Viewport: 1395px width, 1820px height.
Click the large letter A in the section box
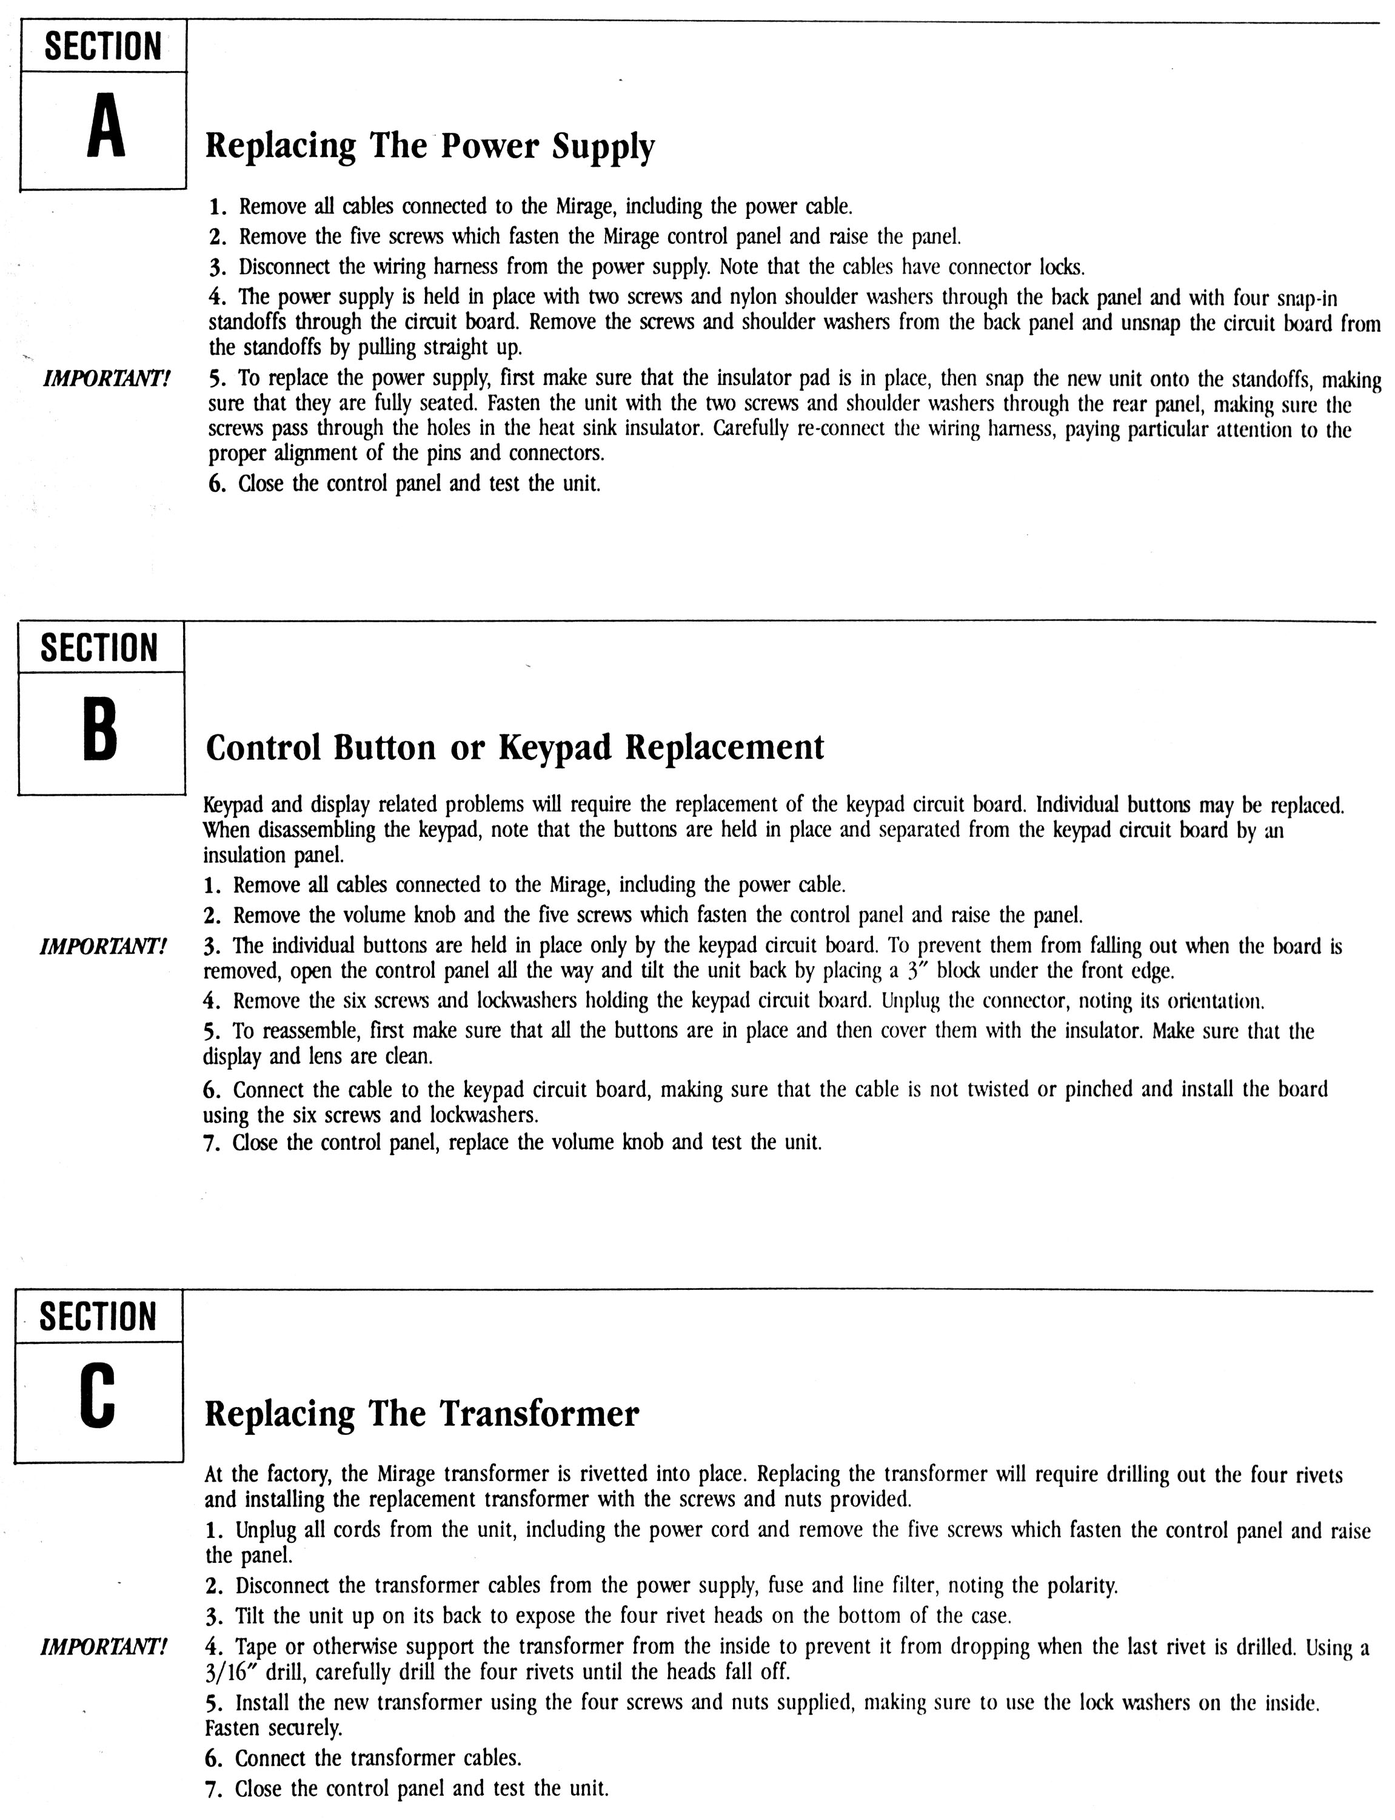pyautogui.click(x=105, y=130)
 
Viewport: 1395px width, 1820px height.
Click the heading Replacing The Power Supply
pyautogui.click(x=429, y=147)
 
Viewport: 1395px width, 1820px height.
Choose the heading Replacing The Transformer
pyautogui.click(x=422, y=1413)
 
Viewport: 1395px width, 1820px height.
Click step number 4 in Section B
pyautogui.click(x=211, y=1001)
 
